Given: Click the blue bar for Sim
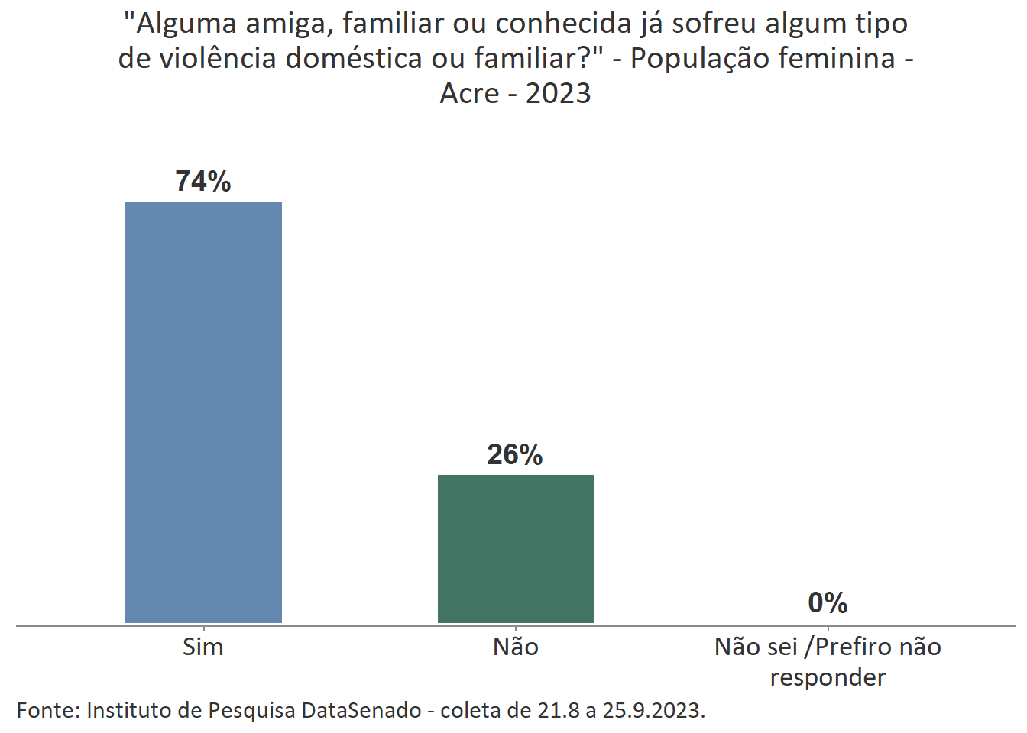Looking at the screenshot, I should point(203,412).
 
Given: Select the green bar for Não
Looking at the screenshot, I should point(515,548).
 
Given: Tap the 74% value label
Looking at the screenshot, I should point(203,182).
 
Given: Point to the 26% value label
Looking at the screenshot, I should point(515,455).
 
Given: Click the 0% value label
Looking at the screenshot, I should point(828,603).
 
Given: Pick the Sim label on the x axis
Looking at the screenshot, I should point(203,647).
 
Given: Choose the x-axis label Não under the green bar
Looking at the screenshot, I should point(516,647).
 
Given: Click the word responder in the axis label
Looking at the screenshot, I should point(828,677).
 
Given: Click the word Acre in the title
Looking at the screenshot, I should point(469,93).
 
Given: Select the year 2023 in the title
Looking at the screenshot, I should point(559,93).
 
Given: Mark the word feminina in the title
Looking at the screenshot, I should point(821,58).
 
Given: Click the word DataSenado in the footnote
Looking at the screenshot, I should point(361,711).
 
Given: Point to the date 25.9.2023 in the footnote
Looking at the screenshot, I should point(653,711).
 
